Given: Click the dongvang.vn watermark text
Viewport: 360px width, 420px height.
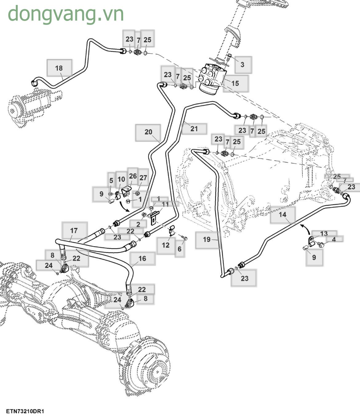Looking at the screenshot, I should click(66, 14).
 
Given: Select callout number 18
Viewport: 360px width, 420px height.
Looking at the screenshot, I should click(59, 68).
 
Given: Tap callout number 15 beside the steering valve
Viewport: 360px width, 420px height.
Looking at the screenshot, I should click(235, 83).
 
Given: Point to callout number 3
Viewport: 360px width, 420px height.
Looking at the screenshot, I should click(242, 64).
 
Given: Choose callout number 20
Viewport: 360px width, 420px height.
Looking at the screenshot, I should click(148, 132).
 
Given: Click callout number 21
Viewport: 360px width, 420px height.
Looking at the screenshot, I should click(194, 129).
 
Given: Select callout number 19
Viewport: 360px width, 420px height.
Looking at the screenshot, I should click(207, 239).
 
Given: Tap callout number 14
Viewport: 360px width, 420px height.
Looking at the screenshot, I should click(282, 214).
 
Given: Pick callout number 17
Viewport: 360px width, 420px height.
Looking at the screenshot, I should click(74, 230).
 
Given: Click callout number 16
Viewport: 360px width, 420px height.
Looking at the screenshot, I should click(142, 259).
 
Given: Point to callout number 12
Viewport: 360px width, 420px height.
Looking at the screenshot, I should click(166, 245).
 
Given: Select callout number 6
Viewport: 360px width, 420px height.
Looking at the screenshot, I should click(180, 249).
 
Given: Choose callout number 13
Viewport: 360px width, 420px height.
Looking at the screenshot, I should click(324, 234).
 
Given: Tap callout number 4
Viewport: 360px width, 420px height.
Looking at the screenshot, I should click(334, 239).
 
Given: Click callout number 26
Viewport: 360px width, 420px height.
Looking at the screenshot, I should click(133, 176).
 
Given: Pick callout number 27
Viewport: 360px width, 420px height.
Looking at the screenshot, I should click(143, 178).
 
